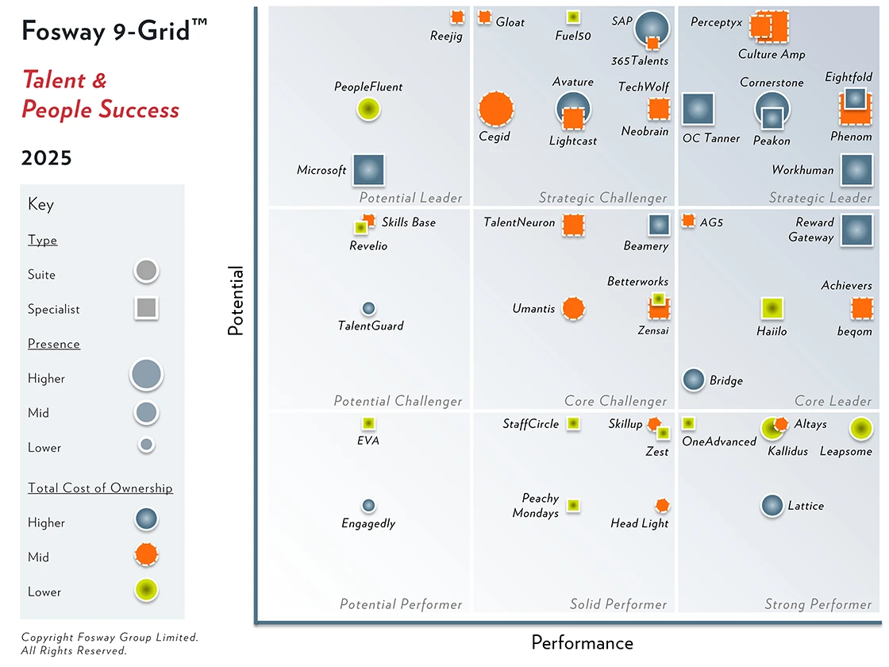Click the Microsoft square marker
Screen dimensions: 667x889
(x=368, y=170)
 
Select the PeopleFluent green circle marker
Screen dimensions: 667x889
(x=368, y=109)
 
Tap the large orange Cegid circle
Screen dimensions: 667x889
(x=495, y=109)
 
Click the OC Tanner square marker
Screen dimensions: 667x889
(x=698, y=109)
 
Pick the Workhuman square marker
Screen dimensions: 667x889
(x=856, y=170)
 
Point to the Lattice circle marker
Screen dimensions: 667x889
(x=772, y=505)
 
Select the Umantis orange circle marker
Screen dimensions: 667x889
(x=573, y=308)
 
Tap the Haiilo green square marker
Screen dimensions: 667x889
(x=772, y=308)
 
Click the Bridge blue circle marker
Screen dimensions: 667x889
(x=694, y=380)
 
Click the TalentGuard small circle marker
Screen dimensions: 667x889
(x=368, y=308)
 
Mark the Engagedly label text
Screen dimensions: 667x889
(x=368, y=523)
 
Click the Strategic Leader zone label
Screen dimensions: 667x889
(x=820, y=198)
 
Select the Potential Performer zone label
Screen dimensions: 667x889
(x=401, y=604)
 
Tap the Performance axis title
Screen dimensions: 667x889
(x=582, y=642)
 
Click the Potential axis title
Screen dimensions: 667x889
(x=236, y=301)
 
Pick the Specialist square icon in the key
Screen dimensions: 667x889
(x=147, y=308)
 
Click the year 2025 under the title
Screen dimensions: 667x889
(x=47, y=158)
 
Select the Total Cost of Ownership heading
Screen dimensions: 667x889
(x=100, y=488)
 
